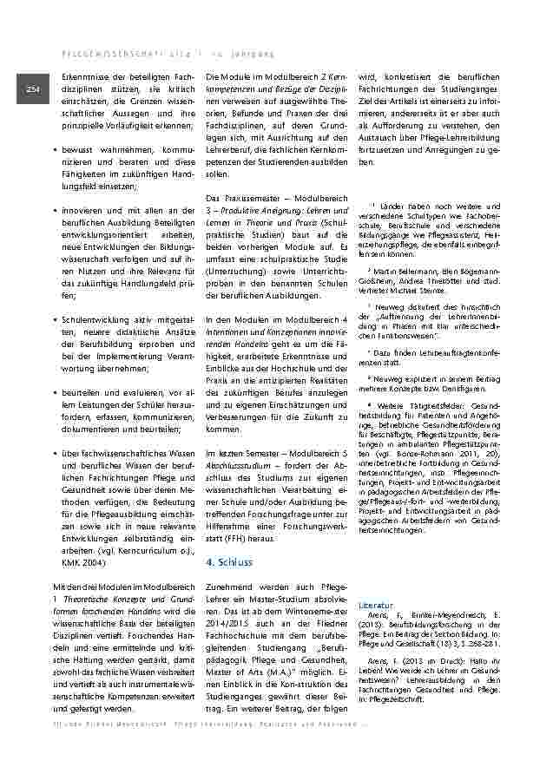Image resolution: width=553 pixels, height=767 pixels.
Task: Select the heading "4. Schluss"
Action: [229, 563]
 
